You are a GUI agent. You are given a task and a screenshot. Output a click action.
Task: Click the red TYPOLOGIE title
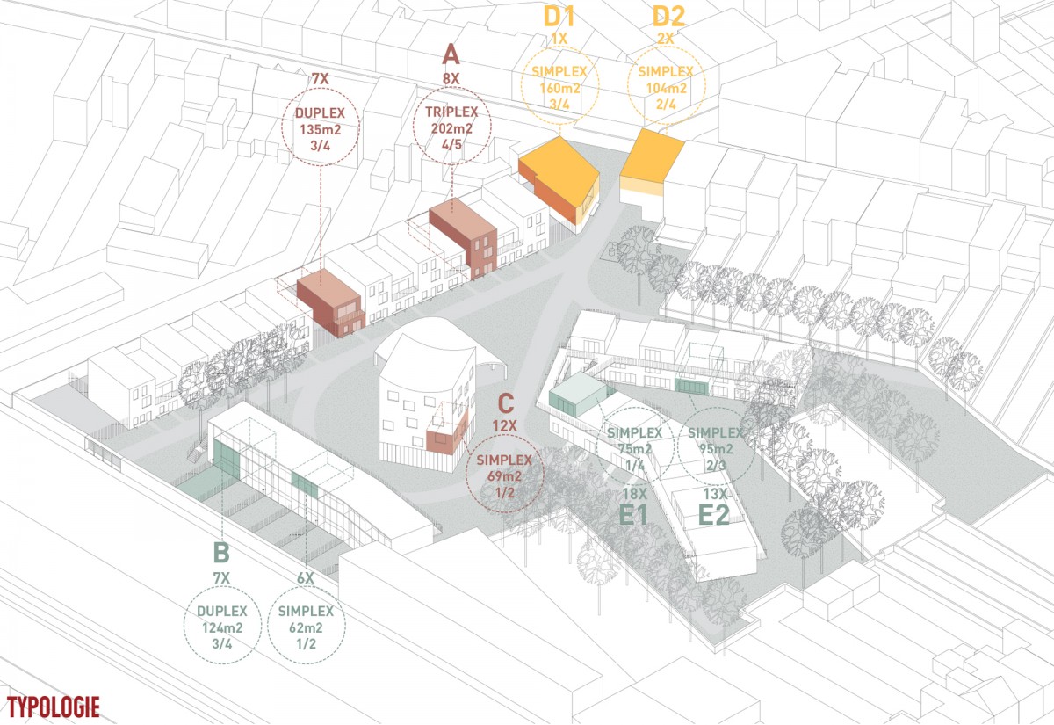tap(54, 707)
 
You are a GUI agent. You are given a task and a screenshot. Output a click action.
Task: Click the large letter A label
tap(451, 55)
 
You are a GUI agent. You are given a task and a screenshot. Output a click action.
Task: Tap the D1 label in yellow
tap(559, 18)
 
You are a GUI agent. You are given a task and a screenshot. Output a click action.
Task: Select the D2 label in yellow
tap(668, 18)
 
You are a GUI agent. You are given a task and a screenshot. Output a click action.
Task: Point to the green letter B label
tap(221, 553)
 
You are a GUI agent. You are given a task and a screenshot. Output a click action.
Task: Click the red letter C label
tap(505, 403)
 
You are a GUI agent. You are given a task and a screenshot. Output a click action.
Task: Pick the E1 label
tap(633, 515)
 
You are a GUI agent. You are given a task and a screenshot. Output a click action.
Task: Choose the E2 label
tap(714, 515)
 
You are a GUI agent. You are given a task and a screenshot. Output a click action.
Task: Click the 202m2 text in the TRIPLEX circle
tap(451, 128)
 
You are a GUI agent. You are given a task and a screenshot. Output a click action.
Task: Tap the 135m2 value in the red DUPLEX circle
tap(321, 129)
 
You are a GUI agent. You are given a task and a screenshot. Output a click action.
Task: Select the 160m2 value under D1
tap(559, 88)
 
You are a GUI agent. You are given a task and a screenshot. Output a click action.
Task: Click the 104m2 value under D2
tap(667, 88)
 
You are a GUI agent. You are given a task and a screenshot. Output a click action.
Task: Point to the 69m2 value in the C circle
tap(504, 476)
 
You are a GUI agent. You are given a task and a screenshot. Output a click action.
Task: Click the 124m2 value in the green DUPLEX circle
tap(222, 627)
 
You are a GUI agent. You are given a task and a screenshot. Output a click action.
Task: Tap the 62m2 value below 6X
tap(306, 627)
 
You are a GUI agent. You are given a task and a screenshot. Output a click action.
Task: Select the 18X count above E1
tap(635, 494)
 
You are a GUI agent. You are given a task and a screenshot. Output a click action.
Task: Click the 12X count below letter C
tap(504, 426)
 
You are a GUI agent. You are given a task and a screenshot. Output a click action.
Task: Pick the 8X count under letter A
tap(451, 78)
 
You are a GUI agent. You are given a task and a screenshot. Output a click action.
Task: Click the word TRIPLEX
tap(451, 112)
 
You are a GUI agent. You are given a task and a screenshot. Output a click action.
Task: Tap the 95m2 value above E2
tap(715, 449)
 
